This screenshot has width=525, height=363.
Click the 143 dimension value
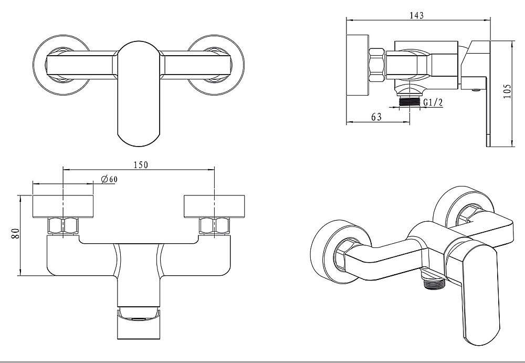(x=416, y=15)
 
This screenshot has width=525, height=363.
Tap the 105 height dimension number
(x=508, y=91)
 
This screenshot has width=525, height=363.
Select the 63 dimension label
(x=376, y=117)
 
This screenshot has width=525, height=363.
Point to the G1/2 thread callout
(x=433, y=102)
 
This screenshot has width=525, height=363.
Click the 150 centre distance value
(x=141, y=164)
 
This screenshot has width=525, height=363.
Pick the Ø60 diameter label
(x=109, y=179)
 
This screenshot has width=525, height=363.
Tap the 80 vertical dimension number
(x=15, y=233)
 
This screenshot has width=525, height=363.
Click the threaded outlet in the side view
(x=409, y=102)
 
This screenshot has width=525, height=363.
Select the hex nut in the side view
(x=377, y=65)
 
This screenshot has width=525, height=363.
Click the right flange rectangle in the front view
(x=214, y=206)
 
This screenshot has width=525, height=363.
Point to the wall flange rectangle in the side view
(x=358, y=65)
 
